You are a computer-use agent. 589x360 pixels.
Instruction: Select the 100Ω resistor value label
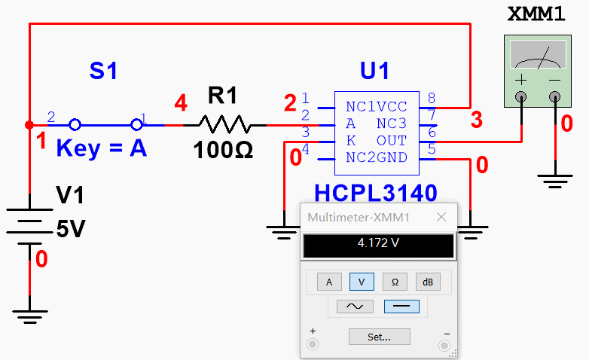point(223,151)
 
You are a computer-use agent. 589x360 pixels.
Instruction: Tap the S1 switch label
point(104,72)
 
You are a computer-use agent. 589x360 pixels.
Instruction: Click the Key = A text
point(102,148)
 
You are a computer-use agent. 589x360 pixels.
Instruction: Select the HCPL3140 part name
point(377,194)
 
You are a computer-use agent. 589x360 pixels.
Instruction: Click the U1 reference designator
point(375,72)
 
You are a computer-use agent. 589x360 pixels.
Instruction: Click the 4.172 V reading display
point(378,245)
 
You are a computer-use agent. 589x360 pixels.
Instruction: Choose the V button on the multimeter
point(362,282)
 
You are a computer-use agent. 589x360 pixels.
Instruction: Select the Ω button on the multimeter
point(395,282)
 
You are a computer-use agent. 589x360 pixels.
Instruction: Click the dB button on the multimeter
point(428,282)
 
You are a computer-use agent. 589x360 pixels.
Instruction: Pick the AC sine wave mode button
point(354,307)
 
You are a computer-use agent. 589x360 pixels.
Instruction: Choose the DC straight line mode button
point(401,307)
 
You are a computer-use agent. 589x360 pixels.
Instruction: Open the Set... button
point(379,337)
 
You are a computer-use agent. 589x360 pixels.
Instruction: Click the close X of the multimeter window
point(440,218)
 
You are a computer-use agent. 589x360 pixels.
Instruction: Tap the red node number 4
point(180,103)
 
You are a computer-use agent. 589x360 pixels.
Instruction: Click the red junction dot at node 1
point(29,125)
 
